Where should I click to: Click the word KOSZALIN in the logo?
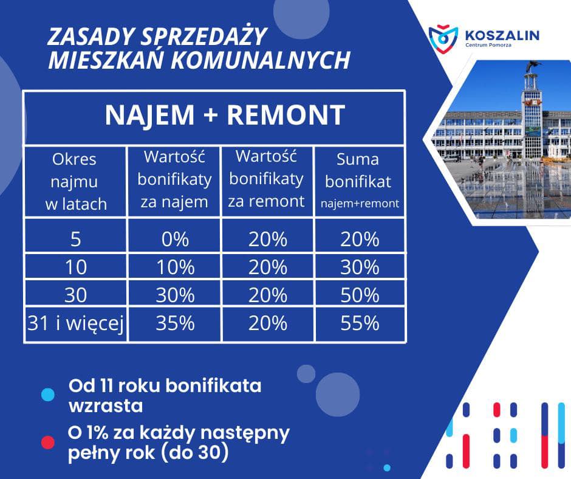502,35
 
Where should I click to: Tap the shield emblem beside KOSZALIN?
443,38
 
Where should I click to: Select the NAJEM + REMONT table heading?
225,115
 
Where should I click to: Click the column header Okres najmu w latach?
75,182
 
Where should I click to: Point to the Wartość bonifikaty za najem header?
174,179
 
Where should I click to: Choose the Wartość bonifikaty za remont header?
267,179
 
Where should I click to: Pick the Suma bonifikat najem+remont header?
359,181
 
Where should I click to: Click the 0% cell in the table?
175,239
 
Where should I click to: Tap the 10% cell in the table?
175,267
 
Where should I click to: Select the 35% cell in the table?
175,323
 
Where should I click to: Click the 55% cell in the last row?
360,323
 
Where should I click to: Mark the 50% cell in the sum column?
360,295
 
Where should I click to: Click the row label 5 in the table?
75,239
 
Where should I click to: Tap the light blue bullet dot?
48,395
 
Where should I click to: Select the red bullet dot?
48,442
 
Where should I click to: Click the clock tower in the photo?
532,109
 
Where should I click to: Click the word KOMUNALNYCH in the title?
261,60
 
